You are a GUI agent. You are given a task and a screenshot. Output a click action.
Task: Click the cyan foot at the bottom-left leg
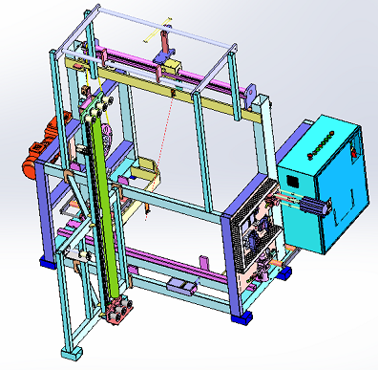tap(69, 353)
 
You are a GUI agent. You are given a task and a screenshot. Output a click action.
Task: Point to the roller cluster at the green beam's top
tap(99, 98)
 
